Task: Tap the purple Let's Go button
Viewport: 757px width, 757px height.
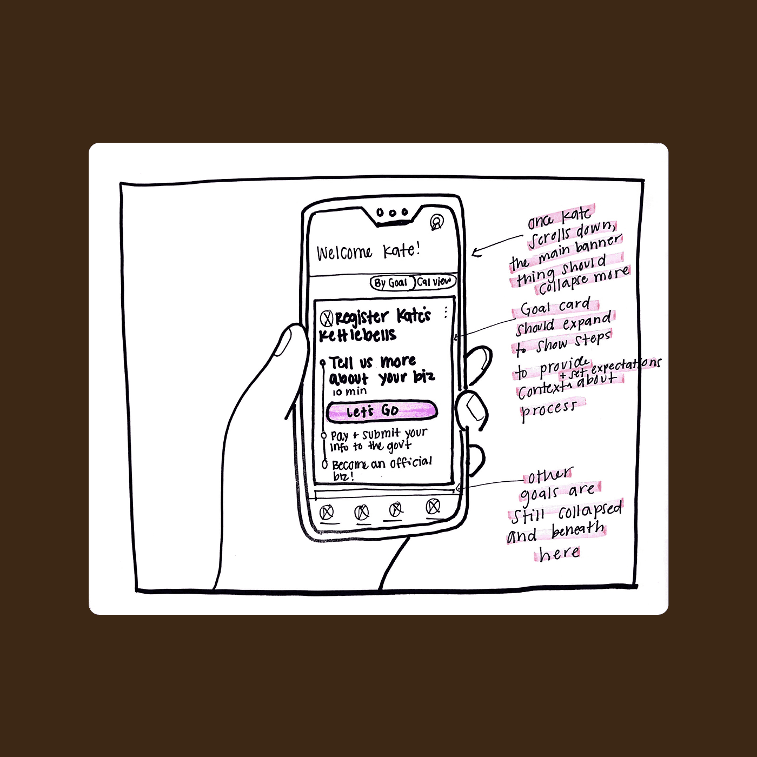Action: (381, 411)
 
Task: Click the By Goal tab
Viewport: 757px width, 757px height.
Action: (391, 283)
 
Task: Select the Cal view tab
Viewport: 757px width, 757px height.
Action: (435, 282)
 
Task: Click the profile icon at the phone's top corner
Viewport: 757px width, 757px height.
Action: (436, 222)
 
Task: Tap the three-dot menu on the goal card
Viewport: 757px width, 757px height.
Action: (446, 312)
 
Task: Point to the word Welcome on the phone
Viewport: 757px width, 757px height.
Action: (344, 253)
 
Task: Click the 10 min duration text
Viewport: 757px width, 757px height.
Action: (349, 391)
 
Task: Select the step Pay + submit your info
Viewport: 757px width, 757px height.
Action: (378, 440)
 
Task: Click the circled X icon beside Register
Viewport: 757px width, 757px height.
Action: (326, 318)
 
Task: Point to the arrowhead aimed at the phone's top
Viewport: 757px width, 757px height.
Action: (475, 253)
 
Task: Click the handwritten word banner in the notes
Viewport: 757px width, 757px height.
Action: (599, 243)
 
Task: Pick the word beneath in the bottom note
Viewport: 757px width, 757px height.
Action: (577, 530)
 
